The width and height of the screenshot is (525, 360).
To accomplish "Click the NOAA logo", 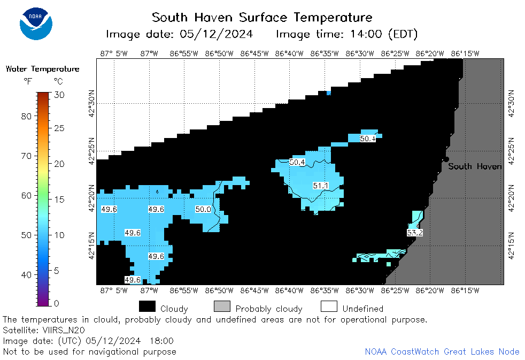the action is [x=36, y=24].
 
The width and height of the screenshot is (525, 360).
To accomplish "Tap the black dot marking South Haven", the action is [x=446, y=159].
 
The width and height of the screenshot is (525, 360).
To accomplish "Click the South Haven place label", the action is [x=475, y=166].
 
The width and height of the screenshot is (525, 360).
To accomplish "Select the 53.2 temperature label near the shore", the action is [x=415, y=233].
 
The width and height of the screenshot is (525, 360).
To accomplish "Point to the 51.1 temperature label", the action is [x=320, y=186].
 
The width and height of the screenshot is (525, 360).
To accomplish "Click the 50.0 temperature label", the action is [x=203, y=209].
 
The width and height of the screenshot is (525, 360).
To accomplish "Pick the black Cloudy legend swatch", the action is [x=148, y=306].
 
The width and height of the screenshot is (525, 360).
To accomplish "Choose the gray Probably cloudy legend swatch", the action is [x=222, y=306].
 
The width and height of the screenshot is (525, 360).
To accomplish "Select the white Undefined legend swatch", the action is [x=329, y=306].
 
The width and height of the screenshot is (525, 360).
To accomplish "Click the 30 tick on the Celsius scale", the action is [x=59, y=95].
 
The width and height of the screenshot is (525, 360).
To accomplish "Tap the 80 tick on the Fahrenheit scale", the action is [x=26, y=116].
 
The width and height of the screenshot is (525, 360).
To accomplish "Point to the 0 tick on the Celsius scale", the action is [x=56, y=303].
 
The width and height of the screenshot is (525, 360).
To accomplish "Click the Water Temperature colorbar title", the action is [x=43, y=69].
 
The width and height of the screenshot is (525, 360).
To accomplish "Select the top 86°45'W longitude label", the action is [x=254, y=53].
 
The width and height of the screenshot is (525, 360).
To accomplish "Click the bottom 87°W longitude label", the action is [x=149, y=290].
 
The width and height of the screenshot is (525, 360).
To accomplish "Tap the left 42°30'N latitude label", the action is [x=91, y=103].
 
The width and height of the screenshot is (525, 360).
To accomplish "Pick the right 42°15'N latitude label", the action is [x=511, y=246].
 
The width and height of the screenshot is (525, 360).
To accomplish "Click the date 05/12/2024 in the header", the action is [x=217, y=34].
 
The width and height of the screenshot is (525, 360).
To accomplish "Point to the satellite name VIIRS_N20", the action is [x=64, y=330].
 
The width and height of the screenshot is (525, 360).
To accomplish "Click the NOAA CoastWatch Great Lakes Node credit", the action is [x=442, y=351].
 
